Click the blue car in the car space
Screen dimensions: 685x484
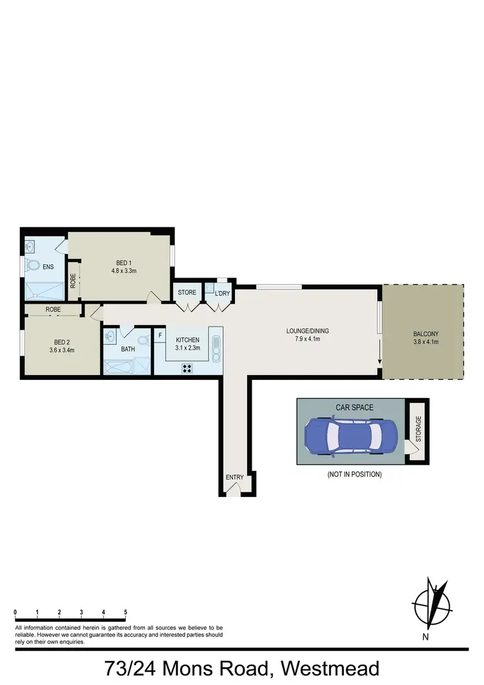[x=349, y=436]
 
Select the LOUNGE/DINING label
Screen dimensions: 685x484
[x=308, y=331]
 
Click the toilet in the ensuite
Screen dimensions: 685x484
[x=32, y=266]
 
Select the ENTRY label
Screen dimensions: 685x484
[x=234, y=478]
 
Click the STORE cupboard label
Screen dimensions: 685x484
[x=187, y=293]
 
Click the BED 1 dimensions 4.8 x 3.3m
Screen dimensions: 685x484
[x=123, y=271]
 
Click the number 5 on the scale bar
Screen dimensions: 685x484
[x=125, y=611]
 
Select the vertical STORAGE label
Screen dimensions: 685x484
[x=418, y=429]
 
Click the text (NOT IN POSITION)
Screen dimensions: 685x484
[x=354, y=474]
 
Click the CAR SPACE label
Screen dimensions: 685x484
[x=354, y=408]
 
